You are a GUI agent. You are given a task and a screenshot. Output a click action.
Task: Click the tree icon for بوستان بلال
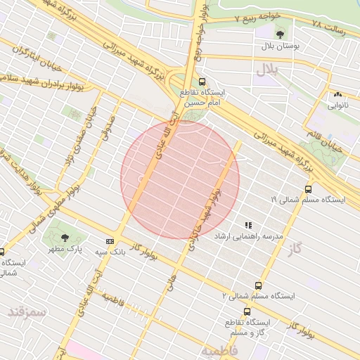click(x=281, y=34)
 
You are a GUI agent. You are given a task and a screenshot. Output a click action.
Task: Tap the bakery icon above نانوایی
click(x=338, y=94)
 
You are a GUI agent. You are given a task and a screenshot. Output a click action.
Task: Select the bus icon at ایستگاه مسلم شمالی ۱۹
click(x=308, y=188)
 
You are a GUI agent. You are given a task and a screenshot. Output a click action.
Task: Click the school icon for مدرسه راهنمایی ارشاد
click(x=247, y=225)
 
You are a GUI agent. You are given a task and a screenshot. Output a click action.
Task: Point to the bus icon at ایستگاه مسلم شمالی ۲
click(x=258, y=285)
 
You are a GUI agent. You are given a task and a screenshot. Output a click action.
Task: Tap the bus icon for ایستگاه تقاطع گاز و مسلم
click(x=246, y=311)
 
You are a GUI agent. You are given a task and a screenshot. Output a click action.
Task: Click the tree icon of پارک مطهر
click(x=65, y=238)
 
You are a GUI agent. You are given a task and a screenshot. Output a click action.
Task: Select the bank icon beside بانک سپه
click(x=109, y=240)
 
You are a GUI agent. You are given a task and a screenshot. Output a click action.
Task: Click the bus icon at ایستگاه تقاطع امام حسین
click(x=202, y=82)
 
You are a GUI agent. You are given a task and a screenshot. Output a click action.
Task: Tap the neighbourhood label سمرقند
click(x=27, y=311)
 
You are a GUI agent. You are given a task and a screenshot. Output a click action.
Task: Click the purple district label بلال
click(x=268, y=69)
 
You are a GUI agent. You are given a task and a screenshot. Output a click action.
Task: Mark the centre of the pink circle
click(x=180, y=180)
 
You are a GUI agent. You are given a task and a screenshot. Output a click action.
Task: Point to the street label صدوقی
click(x=110, y=127)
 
